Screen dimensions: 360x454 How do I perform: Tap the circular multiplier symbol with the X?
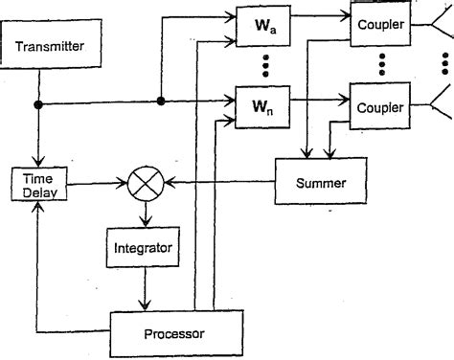coord(148,182)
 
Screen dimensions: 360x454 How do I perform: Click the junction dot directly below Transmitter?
coord(37,105)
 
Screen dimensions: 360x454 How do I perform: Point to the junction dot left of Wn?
coord(161,100)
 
